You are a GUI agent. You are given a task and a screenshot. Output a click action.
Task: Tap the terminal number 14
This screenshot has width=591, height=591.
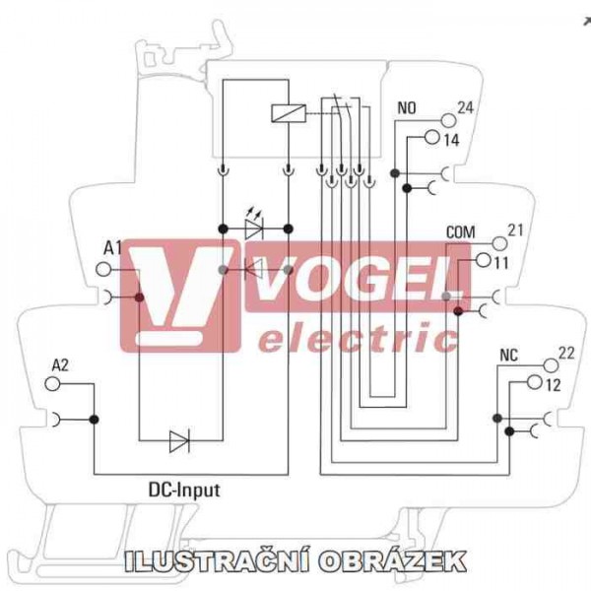tap(451, 140)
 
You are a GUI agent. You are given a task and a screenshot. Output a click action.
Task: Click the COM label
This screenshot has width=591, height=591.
tap(460, 231)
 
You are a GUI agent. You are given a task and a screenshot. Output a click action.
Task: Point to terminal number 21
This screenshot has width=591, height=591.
tap(514, 230)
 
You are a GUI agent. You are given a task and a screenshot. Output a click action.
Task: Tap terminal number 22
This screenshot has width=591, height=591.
tap(565, 353)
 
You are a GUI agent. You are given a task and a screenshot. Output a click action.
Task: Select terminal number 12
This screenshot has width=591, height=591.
tap(552, 384)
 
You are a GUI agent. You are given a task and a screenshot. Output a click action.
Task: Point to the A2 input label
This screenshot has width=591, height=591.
tap(60, 364)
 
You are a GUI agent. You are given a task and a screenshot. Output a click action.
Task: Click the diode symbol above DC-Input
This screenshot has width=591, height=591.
tap(179, 441)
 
